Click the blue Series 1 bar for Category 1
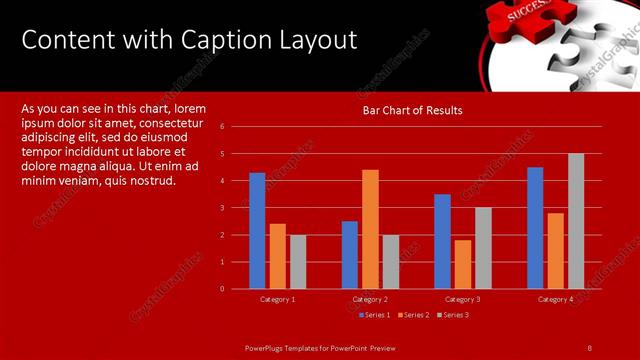[x=257, y=231]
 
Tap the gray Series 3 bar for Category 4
[x=576, y=221]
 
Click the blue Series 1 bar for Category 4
[x=535, y=228]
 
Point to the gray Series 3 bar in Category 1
[x=298, y=262]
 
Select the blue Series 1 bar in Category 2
[x=350, y=255]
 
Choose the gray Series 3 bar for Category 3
[x=483, y=248]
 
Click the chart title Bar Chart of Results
[x=412, y=110]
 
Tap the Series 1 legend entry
[x=374, y=315]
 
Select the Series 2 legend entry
[x=413, y=315]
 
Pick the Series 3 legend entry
[x=452, y=315]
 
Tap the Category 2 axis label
[x=370, y=300]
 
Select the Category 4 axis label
[x=556, y=300]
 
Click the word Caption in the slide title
[x=221, y=40]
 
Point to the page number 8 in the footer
[x=590, y=347]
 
